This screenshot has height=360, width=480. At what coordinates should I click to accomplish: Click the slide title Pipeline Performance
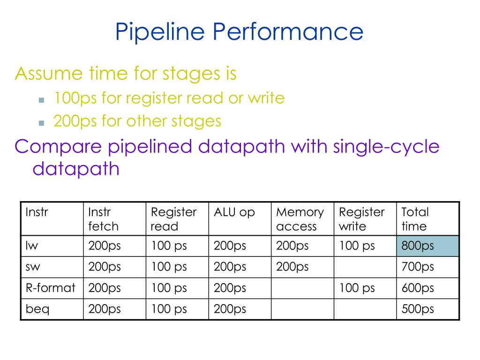(239, 32)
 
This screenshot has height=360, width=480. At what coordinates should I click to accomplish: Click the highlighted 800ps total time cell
(427, 246)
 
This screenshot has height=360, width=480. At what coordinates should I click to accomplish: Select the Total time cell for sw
(427, 267)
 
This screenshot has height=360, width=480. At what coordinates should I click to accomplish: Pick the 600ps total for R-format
(427, 288)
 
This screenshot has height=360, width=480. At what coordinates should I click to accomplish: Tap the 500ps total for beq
(427, 309)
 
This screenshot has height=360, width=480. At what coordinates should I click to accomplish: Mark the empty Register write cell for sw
(365, 267)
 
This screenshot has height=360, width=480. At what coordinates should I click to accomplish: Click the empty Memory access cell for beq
(302, 309)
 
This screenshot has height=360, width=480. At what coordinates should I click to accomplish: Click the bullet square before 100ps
(41, 100)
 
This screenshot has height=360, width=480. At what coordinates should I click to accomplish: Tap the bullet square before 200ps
(41, 123)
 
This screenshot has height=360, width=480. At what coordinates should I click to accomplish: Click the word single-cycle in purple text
(386, 147)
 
